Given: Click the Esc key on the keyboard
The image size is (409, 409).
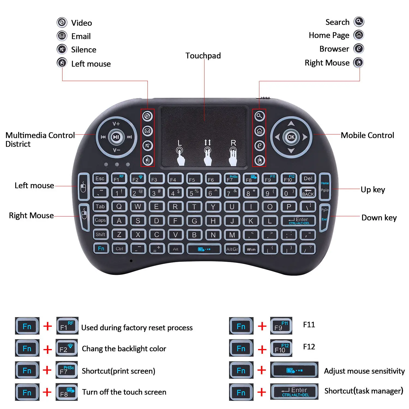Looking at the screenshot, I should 100,179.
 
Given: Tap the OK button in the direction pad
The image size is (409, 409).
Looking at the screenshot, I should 291,137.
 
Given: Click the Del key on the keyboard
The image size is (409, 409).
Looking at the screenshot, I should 308,179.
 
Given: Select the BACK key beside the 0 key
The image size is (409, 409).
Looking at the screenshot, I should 308,193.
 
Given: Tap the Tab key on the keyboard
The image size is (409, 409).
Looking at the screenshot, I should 100,207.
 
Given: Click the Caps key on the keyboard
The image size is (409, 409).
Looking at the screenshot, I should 100,220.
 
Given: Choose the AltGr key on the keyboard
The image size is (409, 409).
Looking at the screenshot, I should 232,249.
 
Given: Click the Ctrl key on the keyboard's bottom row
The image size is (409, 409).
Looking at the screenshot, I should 119,249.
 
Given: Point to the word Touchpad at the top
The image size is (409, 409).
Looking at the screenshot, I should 203,56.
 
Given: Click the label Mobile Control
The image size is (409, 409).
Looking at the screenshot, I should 367,135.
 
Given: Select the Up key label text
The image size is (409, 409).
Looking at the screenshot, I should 373,190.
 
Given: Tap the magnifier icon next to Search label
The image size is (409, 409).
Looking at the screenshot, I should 359,22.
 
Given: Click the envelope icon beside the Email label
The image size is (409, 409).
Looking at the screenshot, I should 62,36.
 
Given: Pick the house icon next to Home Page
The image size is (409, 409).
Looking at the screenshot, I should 359,35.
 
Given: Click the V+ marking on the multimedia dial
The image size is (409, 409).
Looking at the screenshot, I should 116,124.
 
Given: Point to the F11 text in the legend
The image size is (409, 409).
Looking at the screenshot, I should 309,325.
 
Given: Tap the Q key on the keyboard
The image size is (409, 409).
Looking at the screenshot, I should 119,207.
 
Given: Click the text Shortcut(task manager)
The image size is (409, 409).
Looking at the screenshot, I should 364,391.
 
